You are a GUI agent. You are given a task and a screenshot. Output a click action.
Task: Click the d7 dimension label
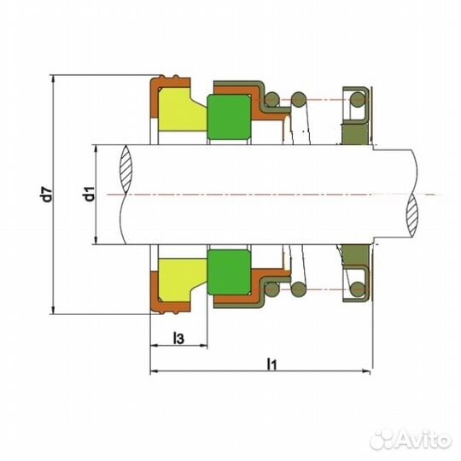(47, 194)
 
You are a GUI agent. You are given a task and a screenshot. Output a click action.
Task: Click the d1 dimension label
(89, 194)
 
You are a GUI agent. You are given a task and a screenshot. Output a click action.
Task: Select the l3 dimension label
(178, 338)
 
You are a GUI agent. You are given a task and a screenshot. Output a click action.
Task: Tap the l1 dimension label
(271, 364)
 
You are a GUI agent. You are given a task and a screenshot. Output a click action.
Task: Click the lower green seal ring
(229, 272)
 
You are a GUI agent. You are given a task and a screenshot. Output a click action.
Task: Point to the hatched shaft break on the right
(411, 215)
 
